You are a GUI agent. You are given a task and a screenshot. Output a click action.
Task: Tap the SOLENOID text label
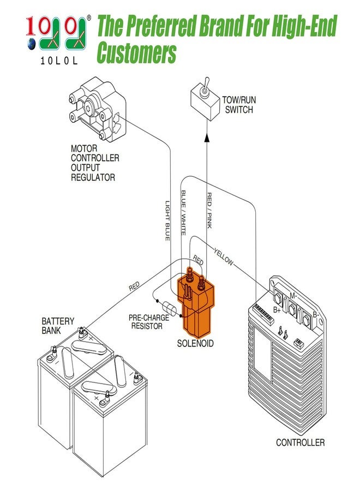tap(195, 344)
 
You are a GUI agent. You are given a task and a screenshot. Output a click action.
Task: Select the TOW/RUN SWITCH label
tap(239, 105)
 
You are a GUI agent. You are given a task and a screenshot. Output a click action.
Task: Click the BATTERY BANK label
tap(58, 326)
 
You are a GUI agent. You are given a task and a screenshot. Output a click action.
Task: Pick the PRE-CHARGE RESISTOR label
tap(146, 322)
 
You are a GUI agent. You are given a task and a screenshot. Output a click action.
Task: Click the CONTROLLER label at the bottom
tap(300, 442)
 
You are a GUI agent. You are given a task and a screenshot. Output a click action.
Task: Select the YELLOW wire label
tap(224, 257)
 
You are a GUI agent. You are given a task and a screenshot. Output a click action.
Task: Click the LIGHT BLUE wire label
tap(168, 221)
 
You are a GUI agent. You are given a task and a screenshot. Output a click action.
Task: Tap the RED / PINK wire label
tap(209, 210)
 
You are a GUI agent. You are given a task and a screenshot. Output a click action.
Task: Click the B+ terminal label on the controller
tap(277, 309)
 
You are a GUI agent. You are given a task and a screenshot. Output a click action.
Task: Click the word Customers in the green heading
tap(136, 53)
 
